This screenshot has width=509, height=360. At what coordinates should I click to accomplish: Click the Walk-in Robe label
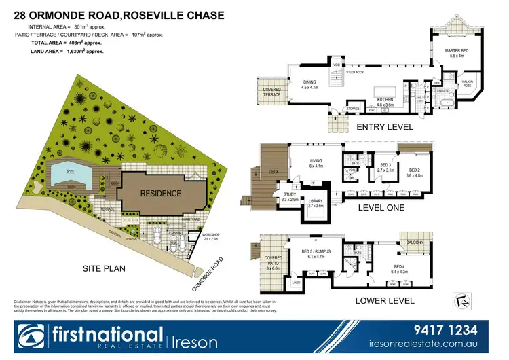tap(468, 83)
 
